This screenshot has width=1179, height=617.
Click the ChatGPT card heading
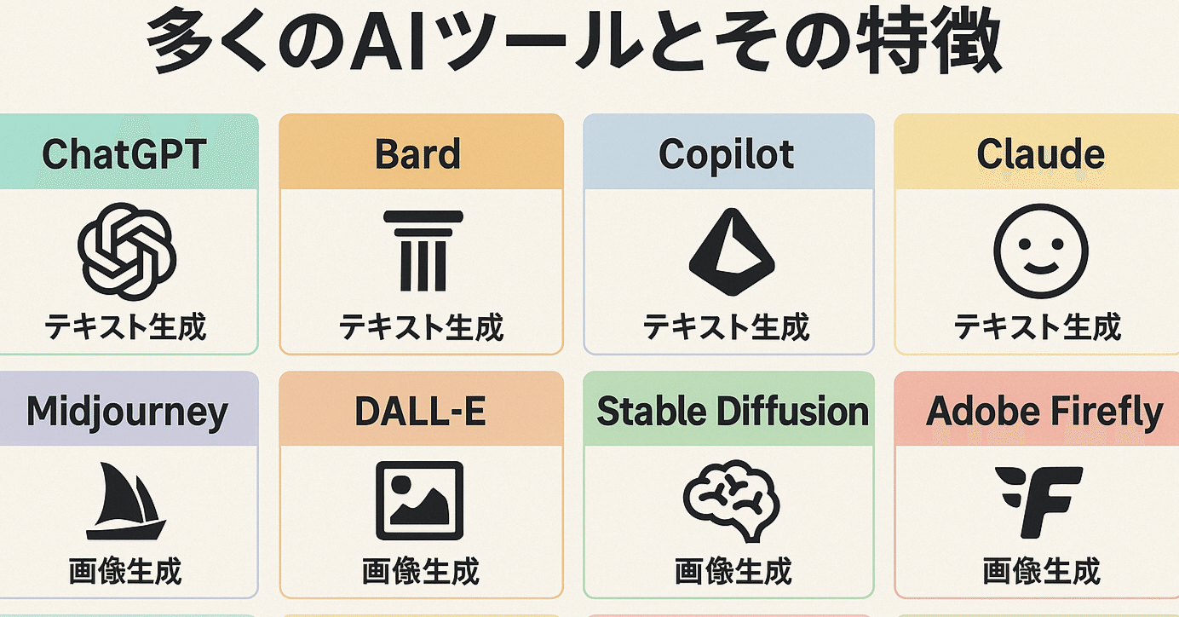click(124, 154)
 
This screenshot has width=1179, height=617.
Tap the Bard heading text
click(417, 154)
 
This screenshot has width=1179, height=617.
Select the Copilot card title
click(727, 154)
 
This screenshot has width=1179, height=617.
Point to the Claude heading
click(1040, 154)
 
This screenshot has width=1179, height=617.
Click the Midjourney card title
click(127, 412)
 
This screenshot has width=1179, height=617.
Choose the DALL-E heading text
click(420, 412)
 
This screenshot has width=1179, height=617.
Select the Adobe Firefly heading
click(1044, 412)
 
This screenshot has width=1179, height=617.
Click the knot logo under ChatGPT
click(127, 252)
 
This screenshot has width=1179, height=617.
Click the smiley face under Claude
click(1040, 252)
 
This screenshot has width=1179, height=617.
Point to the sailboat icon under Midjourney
click(124, 502)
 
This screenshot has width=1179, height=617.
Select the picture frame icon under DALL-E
click(420, 501)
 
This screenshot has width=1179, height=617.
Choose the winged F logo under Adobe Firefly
click(1039, 502)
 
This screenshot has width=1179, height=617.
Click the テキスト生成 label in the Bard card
click(422, 327)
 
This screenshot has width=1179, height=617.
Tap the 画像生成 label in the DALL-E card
click(421, 571)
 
